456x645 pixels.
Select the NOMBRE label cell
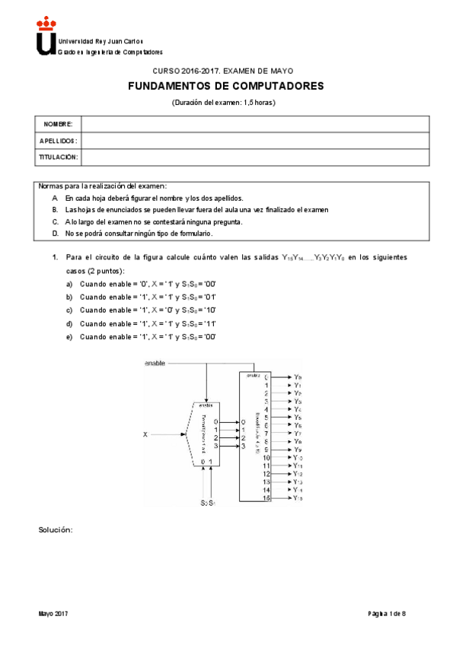pos(58,123)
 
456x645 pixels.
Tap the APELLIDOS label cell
pos(59,141)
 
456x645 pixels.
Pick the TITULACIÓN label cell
pos(59,157)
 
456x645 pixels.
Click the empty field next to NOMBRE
pos(255,123)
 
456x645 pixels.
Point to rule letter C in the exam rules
pos(55,222)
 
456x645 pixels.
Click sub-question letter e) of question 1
pos(69,336)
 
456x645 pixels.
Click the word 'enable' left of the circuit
pos(155,364)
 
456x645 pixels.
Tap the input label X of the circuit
pos(145,435)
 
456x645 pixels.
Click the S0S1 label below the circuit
pos(209,503)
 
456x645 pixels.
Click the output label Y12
pos(298,474)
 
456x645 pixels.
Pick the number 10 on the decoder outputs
pos(266,458)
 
